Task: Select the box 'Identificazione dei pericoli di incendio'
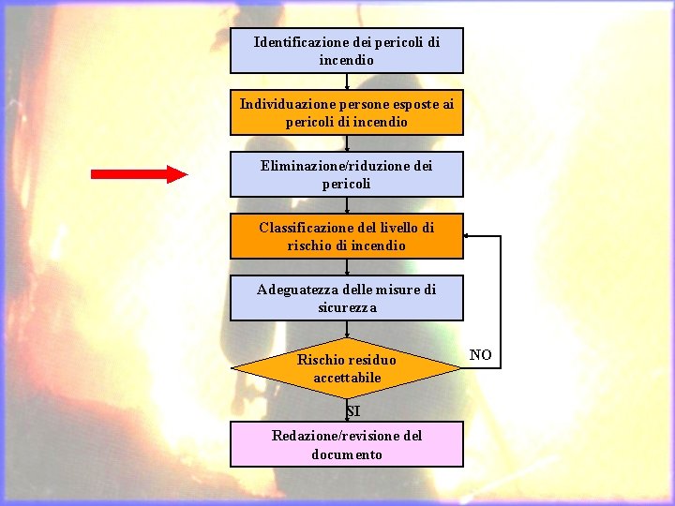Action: pos(347,51)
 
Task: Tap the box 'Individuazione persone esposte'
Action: pos(347,112)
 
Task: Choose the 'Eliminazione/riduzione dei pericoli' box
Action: pos(347,174)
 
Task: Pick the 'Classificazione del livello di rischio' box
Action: pos(347,236)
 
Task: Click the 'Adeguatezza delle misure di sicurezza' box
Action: pos(347,298)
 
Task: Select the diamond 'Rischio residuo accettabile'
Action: pos(347,368)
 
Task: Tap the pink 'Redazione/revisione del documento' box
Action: pos(347,444)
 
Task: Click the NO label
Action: pos(480,355)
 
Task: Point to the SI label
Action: pos(352,411)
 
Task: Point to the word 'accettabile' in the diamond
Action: pos(347,378)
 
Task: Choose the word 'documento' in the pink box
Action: pos(347,454)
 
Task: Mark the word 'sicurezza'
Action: pos(347,307)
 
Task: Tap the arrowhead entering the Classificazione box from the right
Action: pos(469,236)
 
